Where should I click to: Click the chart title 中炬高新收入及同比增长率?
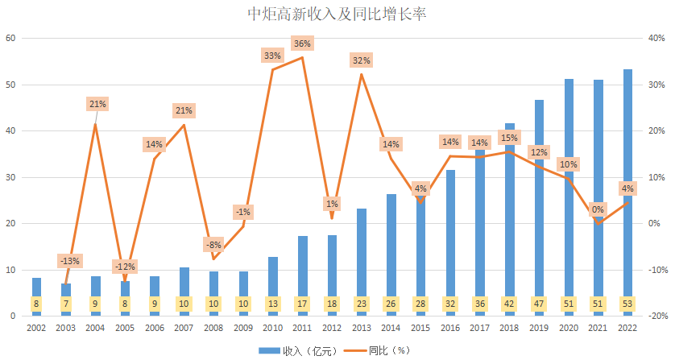point(337,15)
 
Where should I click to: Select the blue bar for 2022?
point(627,185)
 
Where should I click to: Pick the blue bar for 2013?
point(362,258)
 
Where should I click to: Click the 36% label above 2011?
point(303,43)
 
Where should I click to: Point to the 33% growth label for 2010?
point(272,56)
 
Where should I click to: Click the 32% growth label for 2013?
point(361,60)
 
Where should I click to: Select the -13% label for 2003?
point(69,260)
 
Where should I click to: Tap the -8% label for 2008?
point(213,244)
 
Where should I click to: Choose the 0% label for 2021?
point(598,209)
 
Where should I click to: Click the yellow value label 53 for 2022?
point(627,304)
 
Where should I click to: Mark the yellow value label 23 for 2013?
point(362,304)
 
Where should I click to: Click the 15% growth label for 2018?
point(509,138)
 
